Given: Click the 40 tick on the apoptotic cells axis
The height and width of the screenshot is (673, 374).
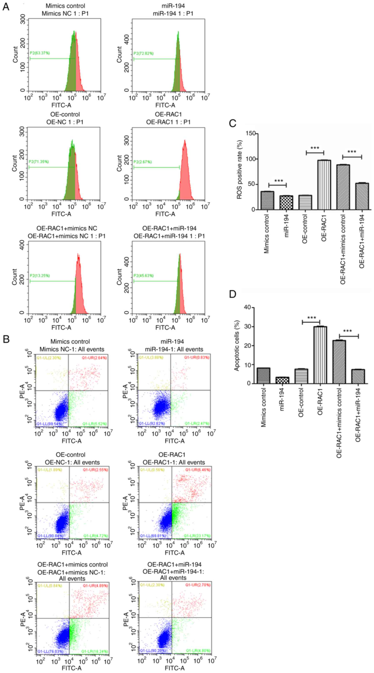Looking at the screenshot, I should click(247, 308).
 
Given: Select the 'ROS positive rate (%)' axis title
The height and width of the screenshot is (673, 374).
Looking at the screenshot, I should click(239, 170).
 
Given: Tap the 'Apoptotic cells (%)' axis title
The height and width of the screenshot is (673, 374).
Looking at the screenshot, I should click(237, 345).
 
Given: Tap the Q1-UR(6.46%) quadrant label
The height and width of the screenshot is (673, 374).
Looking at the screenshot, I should click(198, 470).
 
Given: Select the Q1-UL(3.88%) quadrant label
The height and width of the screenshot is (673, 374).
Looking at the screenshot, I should click(151, 357).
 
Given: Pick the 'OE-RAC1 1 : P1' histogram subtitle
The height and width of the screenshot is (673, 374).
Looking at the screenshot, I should click(168, 122).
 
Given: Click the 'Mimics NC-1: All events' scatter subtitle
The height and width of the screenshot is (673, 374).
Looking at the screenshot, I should click(72, 349).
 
